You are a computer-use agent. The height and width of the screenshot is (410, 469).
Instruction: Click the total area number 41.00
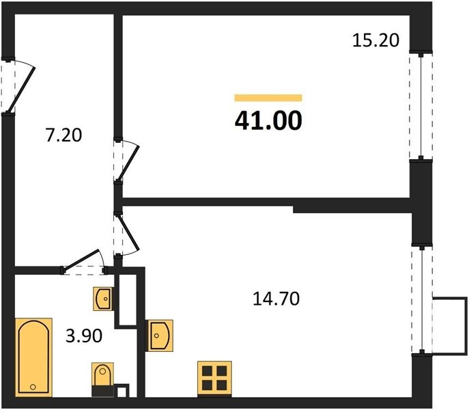(268, 121)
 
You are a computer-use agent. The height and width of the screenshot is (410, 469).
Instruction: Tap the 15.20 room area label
(375, 40)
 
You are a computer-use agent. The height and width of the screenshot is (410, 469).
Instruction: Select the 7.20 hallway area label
(63, 135)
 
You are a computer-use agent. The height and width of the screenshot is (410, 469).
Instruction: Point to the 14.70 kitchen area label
(276, 299)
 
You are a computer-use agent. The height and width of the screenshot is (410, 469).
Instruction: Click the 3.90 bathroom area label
(84, 336)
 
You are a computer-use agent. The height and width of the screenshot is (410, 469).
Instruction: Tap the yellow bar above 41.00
(268, 98)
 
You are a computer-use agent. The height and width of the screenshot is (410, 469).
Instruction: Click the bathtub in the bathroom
(33, 357)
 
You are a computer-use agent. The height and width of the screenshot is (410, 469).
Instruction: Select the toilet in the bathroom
(102, 379)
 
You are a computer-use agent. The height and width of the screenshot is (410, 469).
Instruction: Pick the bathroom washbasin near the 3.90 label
(104, 299)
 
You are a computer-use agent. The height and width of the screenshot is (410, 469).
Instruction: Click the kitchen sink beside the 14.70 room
(159, 336)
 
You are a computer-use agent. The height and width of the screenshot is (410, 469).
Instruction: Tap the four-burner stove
(214, 379)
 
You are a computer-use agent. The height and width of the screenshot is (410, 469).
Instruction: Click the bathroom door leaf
(81, 259)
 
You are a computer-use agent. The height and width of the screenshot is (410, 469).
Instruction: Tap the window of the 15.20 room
(421, 107)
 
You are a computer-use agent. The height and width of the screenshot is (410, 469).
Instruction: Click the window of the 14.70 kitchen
(422, 299)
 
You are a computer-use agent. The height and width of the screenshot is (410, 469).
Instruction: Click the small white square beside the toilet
(122, 392)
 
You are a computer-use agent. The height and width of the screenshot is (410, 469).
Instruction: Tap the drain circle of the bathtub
(33, 387)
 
